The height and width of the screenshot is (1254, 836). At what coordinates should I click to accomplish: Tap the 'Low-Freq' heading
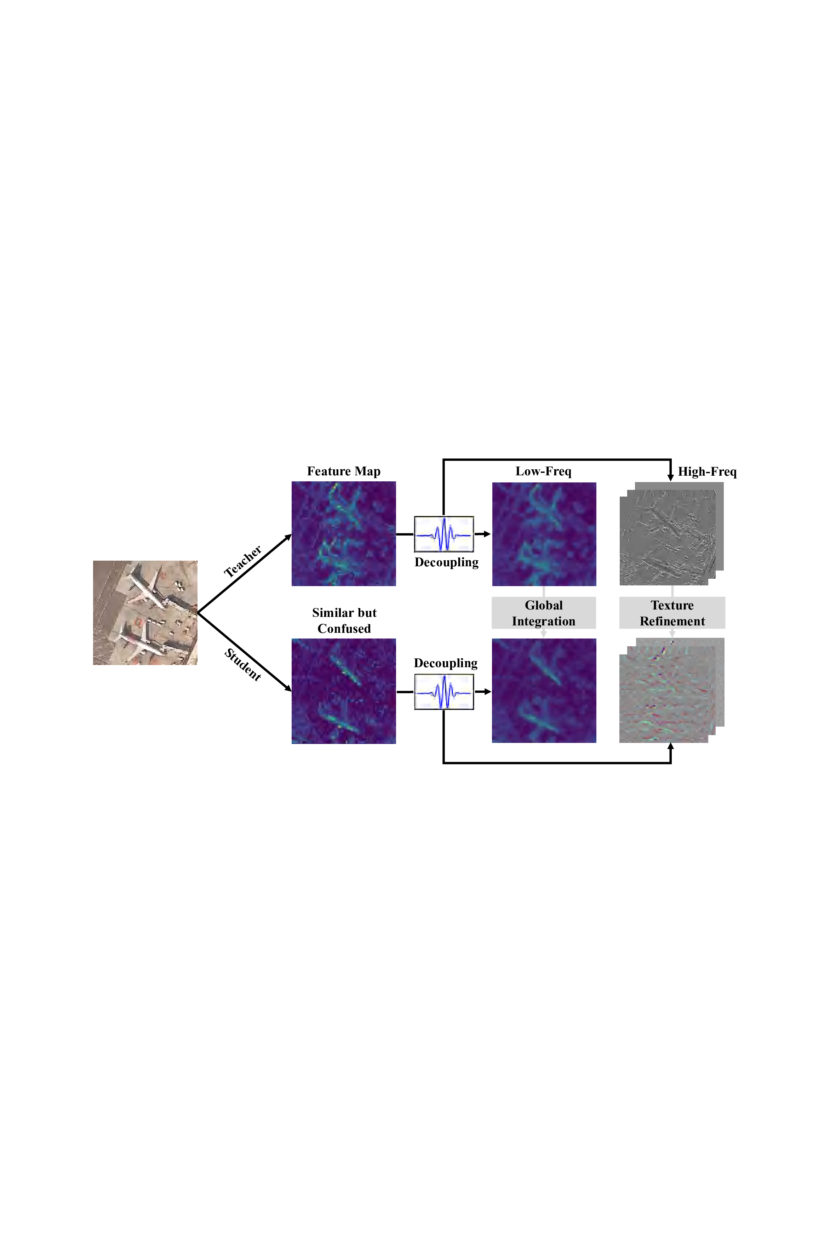pos(543,471)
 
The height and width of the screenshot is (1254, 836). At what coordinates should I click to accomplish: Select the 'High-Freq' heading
pos(707,472)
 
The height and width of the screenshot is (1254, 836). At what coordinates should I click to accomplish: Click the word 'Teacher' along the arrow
pos(242,561)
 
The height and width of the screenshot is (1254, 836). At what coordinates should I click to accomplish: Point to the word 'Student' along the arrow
pos(242,664)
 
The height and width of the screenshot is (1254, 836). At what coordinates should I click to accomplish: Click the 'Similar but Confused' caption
pos(344,620)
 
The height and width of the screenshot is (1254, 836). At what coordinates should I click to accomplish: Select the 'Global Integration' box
pos(543,613)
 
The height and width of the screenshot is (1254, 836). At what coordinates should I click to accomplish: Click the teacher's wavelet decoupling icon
pos(443,534)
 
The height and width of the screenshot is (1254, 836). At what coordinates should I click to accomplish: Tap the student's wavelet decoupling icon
pos(443,692)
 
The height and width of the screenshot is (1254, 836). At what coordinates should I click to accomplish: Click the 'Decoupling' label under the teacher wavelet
pos(446,562)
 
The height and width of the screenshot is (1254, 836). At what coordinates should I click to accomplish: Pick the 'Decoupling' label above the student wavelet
pos(446,663)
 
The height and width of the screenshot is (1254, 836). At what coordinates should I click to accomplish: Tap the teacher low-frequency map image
pos(544,534)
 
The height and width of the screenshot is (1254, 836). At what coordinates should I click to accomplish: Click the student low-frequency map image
pos(544,691)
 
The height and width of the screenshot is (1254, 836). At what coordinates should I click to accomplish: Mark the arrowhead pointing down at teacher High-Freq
pos(671,477)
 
